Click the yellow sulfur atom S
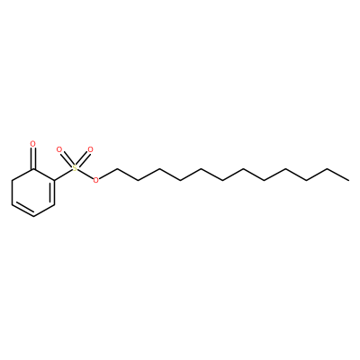point(75,168)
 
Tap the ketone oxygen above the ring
point(33,144)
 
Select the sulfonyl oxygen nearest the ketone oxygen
point(59,149)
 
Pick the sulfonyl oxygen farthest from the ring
point(90,149)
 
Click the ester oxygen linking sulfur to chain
point(96,180)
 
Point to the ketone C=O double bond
point(33,157)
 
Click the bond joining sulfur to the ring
point(64,175)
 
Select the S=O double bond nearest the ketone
point(67,158)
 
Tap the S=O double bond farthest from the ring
point(83,158)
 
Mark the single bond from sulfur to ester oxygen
point(85,175)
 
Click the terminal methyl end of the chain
point(348,180)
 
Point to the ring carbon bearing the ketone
point(33,168)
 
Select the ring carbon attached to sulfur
point(55,181)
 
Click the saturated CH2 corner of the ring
point(12,181)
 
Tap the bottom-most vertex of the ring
point(33,217)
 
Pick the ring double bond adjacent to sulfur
point(54,193)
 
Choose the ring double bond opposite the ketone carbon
point(22,211)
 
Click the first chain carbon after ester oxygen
point(117,168)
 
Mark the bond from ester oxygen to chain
point(108,174)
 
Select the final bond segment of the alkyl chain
point(337,175)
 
